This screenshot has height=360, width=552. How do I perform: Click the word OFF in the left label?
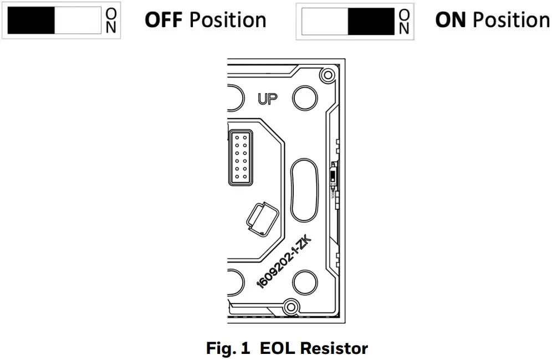point(164,20)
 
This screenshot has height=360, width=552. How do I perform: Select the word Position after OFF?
point(228,20)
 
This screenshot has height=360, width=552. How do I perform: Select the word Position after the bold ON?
point(510,20)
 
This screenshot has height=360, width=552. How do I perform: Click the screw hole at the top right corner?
point(328,75)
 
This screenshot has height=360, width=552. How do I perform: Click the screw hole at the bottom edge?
point(289,305)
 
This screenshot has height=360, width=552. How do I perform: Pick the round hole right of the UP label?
point(304,99)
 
